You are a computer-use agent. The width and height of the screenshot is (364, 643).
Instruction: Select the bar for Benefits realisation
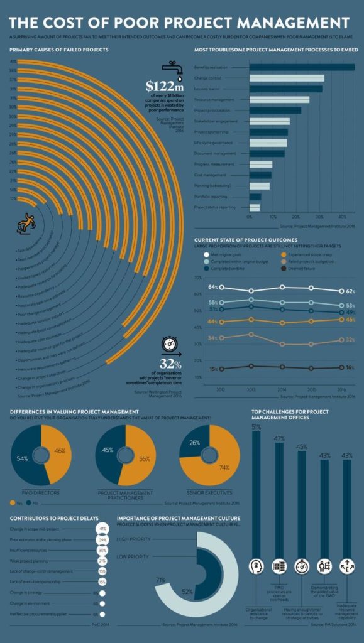[x=302, y=67]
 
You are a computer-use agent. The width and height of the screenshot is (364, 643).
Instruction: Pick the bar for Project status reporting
[x=255, y=207]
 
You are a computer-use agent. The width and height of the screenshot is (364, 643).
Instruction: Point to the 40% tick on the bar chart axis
[x=342, y=217]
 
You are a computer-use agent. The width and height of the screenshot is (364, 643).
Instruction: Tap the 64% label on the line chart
[x=213, y=287]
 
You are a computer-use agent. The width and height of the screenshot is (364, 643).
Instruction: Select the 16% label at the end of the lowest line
[x=350, y=368]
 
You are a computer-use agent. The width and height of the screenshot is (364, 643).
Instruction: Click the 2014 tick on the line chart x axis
[x=282, y=389]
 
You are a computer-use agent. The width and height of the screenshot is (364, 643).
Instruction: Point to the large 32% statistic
[x=170, y=364]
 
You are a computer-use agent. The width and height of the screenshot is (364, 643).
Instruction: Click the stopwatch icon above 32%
[x=170, y=344]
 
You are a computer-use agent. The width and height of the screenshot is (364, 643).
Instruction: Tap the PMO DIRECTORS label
[x=41, y=493]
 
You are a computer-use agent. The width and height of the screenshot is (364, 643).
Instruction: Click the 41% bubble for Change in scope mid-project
[x=102, y=529]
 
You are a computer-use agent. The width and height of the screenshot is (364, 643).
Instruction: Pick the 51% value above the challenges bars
[x=256, y=427]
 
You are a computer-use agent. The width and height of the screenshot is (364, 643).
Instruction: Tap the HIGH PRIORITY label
[x=133, y=538]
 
